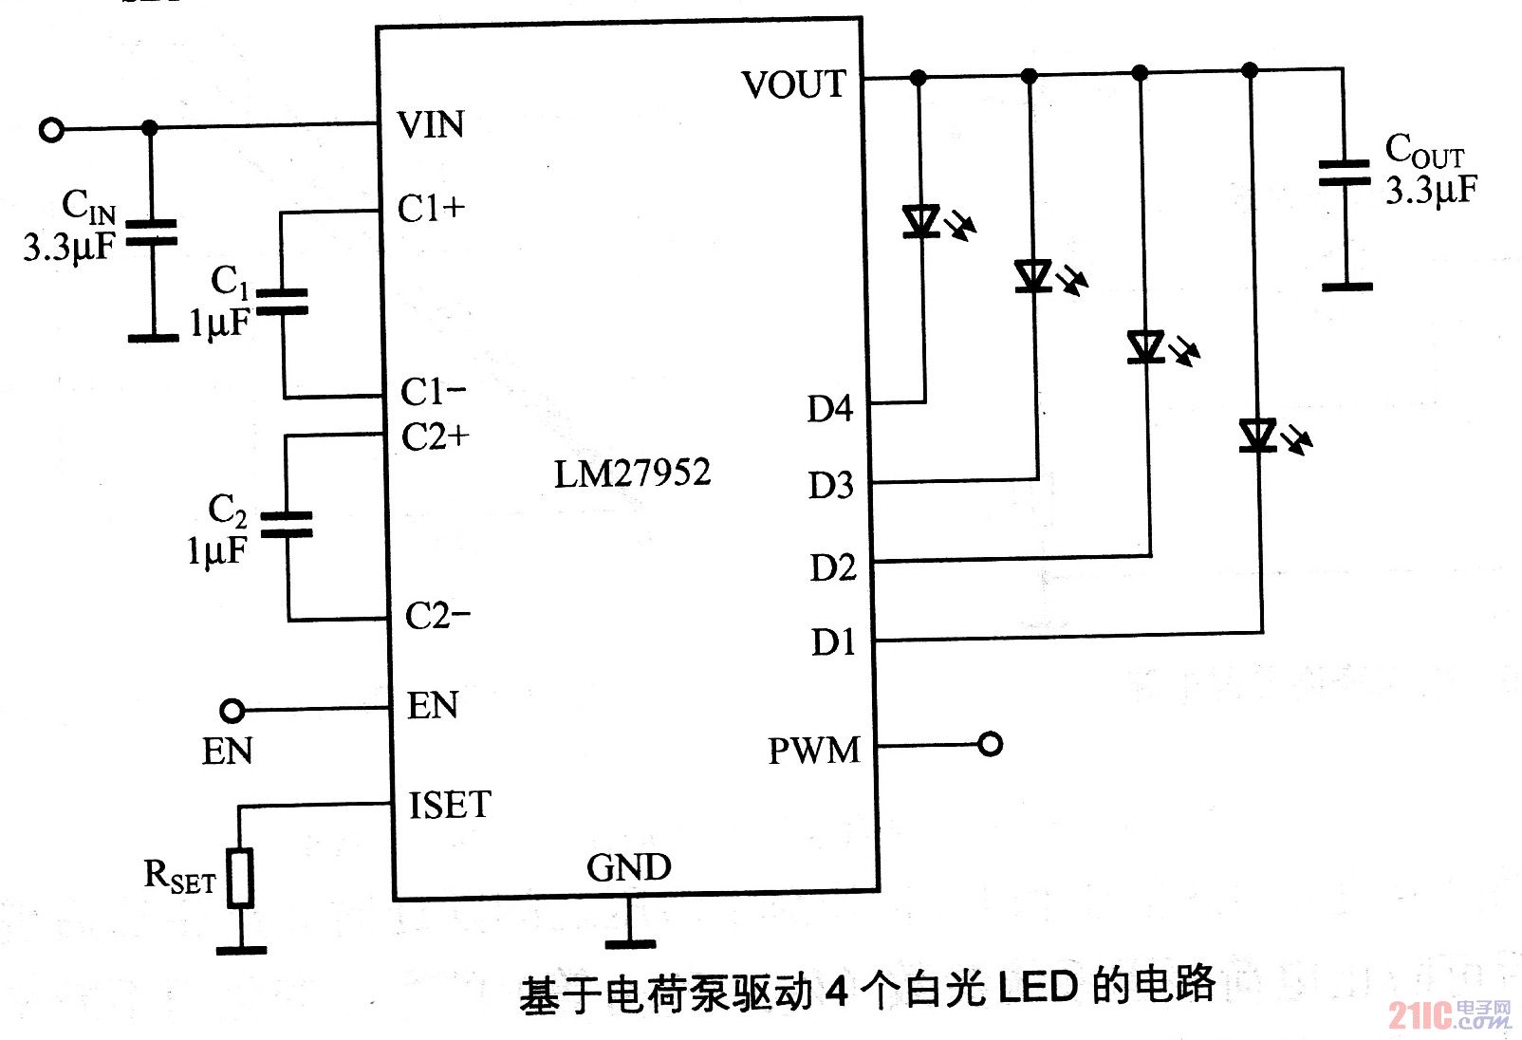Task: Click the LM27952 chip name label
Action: (632, 473)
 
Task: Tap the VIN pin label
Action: (431, 125)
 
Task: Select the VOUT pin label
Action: (793, 84)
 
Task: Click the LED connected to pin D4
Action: (921, 221)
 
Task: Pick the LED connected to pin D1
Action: (1257, 436)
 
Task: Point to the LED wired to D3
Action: (1033, 276)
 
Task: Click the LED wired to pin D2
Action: (1146, 347)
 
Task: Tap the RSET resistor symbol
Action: (241, 878)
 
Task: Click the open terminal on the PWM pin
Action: (990, 744)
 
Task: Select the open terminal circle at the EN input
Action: (232, 710)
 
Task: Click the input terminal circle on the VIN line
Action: (51, 129)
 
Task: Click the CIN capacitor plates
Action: (152, 233)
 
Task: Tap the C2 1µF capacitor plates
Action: (287, 525)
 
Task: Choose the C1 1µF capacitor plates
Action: (283, 302)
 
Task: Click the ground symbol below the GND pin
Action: (630, 942)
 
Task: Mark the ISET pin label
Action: (450, 806)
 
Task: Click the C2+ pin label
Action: (435, 437)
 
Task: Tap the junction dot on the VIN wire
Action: (149, 127)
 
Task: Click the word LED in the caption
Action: (1037, 988)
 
